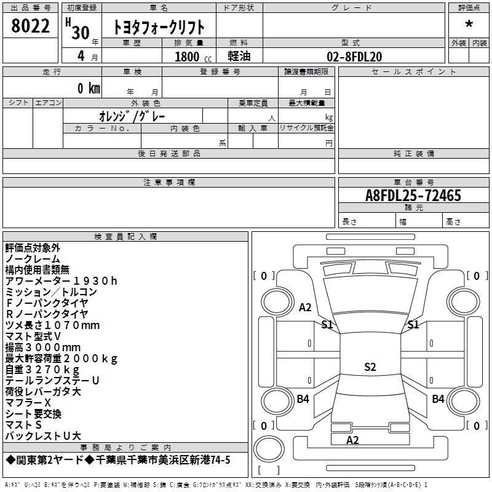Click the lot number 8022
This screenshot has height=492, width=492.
pyautogui.click(x=30, y=26)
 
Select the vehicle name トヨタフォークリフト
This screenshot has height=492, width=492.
pyautogui.click(x=159, y=27)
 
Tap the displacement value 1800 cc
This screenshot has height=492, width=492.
pyautogui.click(x=193, y=57)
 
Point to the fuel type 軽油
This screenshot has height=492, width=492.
pyautogui.click(x=239, y=56)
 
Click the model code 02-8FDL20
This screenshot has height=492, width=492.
pyautogui.click(x=354, y=57)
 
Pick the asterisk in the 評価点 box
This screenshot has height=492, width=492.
pyautogui.click(x=469, y=24)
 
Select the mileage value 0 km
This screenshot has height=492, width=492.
pyautogui.click(x=89, y=88)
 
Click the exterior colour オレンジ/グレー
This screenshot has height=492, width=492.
pyautogui.click(x=132, y=116)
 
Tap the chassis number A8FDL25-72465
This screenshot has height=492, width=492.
pyautogui.click(x=413, y=196)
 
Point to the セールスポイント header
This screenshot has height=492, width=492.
pyautogui.click(x=413, y=72)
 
